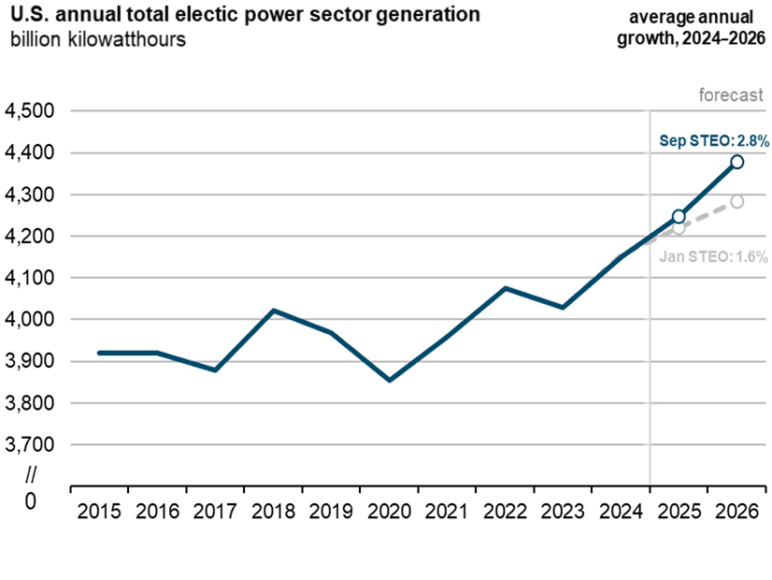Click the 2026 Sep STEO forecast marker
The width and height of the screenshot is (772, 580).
[x=737, y=162]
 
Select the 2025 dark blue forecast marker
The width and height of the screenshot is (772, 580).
[x=679, y=216]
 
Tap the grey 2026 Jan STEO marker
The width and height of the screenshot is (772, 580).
[x=737, y=201]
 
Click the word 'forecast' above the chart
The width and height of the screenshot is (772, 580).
[x=731, y=94]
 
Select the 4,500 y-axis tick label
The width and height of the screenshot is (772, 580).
[x=30, y=111]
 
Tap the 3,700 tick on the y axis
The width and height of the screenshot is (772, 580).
[x=30, y=445]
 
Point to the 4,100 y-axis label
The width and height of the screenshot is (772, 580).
[x=30, y=278]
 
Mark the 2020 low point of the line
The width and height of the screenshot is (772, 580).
[x=390, y=380]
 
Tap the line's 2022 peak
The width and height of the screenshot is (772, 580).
[x=506, y=288]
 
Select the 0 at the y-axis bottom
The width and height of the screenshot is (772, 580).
[x=30, y=500]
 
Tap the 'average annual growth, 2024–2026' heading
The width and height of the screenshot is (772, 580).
[x=696, y=27]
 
